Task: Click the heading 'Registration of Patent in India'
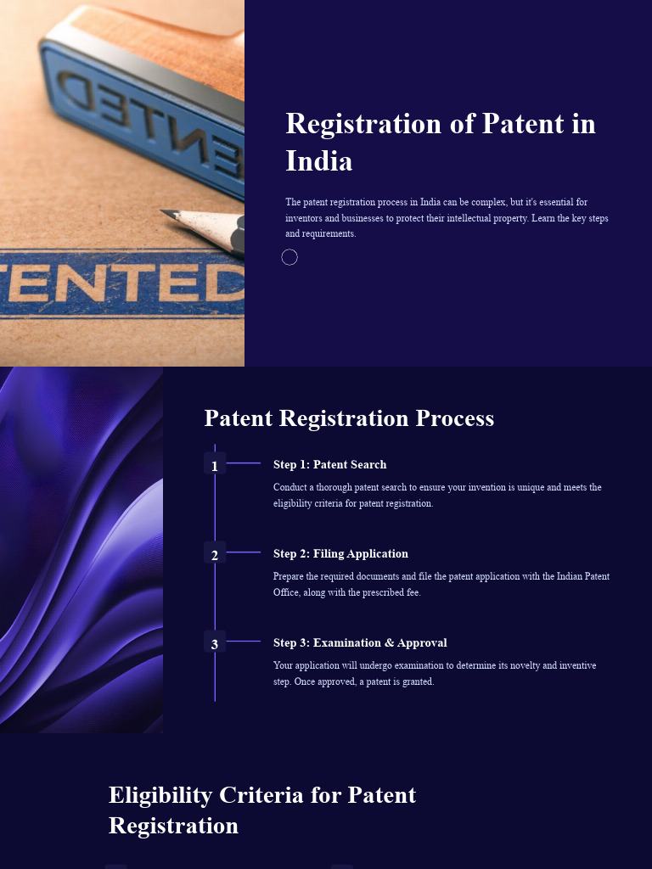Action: coord(441,141)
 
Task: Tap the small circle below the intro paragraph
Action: coord(289,257)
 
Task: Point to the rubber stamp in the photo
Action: coord(136,93)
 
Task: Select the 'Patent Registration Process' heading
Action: coord(349,418)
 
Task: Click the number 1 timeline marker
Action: coord(215,465)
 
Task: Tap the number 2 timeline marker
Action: coord(215,555)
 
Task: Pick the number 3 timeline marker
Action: coord(215,644)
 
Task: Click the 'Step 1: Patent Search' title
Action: coord(329,464)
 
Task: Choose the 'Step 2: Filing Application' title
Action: coord(340,553)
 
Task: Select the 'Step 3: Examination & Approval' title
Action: coord(360,642)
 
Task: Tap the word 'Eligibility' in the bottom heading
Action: coord(160,795)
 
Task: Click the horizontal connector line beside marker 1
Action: coord(244,463)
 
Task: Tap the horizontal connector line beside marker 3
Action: coord(244,642)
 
